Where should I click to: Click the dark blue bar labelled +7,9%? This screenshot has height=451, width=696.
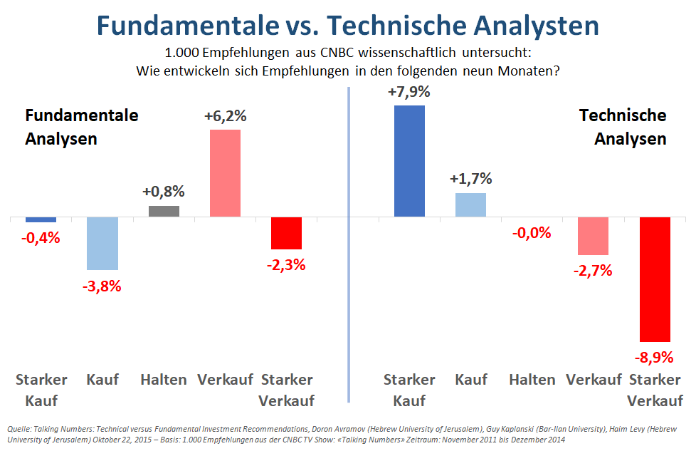click(409, 160)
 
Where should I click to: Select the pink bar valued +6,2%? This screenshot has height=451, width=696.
click(225, 173)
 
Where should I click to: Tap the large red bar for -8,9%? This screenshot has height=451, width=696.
click(655, 279)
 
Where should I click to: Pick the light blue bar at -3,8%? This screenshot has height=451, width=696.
click(102, 243)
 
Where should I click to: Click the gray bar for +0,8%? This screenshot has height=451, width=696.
click(164, 211)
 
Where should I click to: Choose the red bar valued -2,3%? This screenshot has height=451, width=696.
click(286, 233)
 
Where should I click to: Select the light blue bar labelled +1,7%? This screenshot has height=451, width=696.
click(470, 204)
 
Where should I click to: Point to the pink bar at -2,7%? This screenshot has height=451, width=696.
click(593, 236)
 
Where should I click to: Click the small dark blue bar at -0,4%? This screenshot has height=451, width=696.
click(41, 219)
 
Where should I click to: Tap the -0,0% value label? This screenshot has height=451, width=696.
click(532, 232)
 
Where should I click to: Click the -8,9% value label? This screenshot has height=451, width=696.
click(655, 357)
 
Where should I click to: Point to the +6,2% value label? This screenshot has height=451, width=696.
click(225, 117)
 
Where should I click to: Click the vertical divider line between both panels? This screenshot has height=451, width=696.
click(349, 242)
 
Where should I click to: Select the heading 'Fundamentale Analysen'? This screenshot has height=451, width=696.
click(82, 127)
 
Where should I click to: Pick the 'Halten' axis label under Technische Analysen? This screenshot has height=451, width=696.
click(532, 380)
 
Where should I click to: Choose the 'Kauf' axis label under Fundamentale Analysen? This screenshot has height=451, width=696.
click(102, 380)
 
